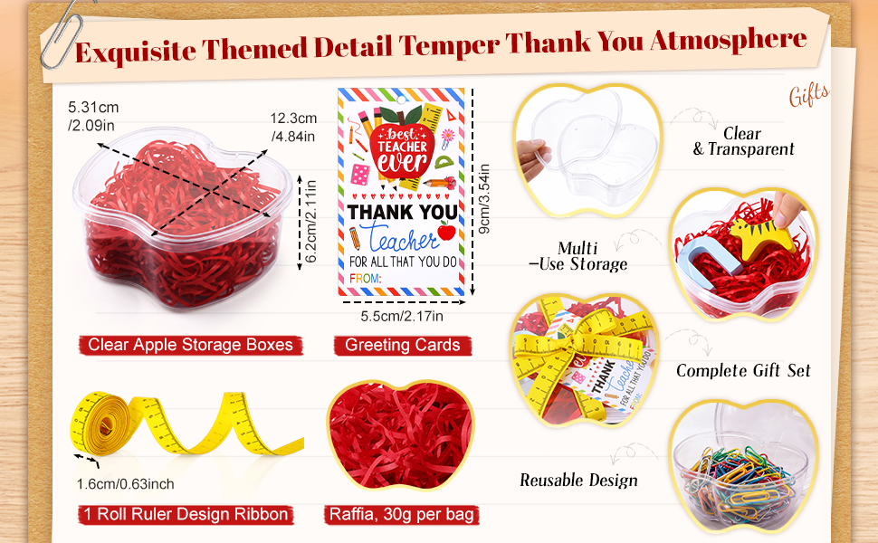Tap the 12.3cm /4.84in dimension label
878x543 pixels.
(x=293, y=127)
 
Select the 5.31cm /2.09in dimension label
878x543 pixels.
(x=93, y=116)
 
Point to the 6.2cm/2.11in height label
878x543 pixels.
(x=311, y=221)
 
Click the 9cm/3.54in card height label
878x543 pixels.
(x=484, y=199)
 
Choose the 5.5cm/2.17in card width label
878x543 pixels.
(x=402, y=316)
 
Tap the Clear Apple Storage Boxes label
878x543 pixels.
(x=190, y=345)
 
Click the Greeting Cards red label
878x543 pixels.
(x=403, y=346)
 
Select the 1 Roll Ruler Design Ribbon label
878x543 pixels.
(x=186, y=514)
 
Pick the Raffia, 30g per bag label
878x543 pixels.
(x=402, y=514)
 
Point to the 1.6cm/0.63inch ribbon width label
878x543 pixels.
(x=126, y=483)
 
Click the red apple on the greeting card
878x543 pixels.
(x=446, y=231)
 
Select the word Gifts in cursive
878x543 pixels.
(x=809, y=95)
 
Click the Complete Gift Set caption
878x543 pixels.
(x=743, y=370)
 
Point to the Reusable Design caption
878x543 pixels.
(x=578, y=481)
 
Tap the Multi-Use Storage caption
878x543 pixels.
(x=578, y=256)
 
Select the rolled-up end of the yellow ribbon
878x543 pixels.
(x=100, y=424)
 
